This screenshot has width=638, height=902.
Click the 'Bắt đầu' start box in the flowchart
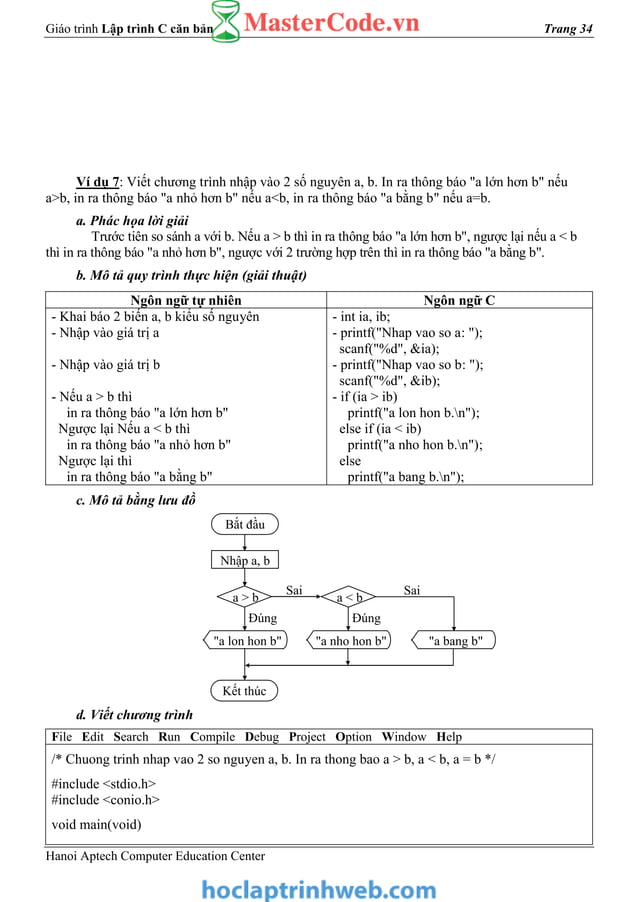click(x=245, y=524)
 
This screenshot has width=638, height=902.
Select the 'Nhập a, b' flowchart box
click(x=245, y=561)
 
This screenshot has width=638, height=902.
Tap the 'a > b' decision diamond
click(x=245, y=598)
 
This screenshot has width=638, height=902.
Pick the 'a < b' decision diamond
click(x=349, y=598)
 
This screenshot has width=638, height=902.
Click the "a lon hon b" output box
click(x=245, y=641)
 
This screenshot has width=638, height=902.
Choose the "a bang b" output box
click(x=454, y=641)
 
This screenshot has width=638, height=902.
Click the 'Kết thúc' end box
click(x=245, y=691)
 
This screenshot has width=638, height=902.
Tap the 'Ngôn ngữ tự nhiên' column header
click(x=186, y=300)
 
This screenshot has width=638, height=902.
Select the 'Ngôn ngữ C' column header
click(x=459, y=300)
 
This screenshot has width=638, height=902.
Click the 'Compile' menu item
click(x=212, y=737)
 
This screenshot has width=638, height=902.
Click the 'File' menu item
click(x=63, y=737)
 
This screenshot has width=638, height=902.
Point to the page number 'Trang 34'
click(x=568, y=29)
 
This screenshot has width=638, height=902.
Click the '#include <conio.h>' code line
click(x=105, y=800)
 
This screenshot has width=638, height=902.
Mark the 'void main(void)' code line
click(x=96, y=825)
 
